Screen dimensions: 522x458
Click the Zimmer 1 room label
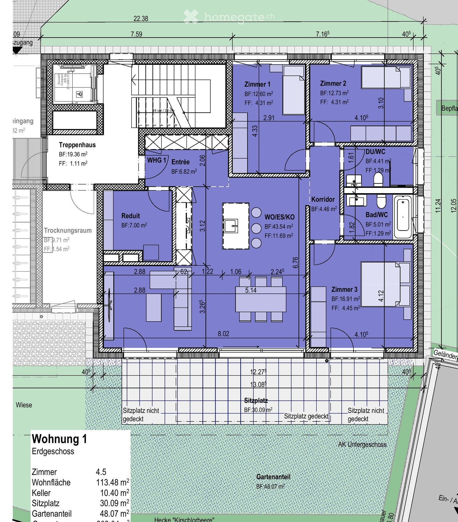tap(257, 84)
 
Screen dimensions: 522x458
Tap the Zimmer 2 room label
tap(333, 83)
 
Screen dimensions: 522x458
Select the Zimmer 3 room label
tap(344, 289)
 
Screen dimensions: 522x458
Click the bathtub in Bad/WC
tap(403, 217)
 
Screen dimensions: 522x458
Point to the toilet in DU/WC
tap(378, 179)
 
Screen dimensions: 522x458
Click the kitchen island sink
tap(231, 226)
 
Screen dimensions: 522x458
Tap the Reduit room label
tap(130, 216)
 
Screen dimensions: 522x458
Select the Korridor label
tap(323, 199)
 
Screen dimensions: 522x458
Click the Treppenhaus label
tap(77, 145)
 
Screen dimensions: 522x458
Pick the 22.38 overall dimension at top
tap(141, 19)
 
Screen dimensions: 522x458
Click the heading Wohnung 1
tap(60, 439)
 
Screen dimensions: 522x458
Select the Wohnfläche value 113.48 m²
tap(112, 482)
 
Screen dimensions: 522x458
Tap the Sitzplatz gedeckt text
tap(306, 416)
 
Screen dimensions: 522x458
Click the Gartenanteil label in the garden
tap(273, 477)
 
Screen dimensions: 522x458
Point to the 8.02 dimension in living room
tap(223, 334)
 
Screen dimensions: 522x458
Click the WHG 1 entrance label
tap(157, 160)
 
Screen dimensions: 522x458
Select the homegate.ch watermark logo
tap(229, 17)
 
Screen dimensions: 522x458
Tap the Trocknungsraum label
tap(68, 230)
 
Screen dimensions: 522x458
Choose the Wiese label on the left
tap(24, 405)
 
